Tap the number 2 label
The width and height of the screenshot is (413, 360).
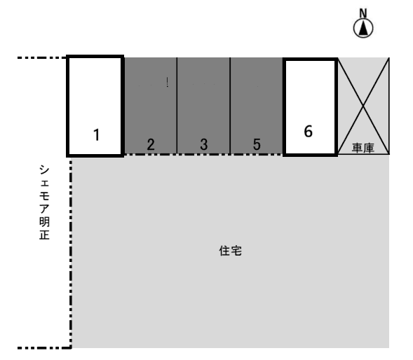pos(151,144)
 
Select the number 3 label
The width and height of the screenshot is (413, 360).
pos(203,144)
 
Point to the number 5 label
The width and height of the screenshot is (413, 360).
pos(257,144)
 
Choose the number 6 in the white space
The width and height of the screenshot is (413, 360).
pos(308,130)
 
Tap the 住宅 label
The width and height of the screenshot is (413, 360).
pos(231,251)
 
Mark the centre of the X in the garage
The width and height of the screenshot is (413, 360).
pos(363,106)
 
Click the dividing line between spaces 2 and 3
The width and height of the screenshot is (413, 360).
pos(177,105)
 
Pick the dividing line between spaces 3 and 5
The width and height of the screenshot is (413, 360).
pos(230,105)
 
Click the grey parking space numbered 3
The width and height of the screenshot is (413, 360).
pos(203,98)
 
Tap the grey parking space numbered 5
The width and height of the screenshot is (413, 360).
pos(257,98)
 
